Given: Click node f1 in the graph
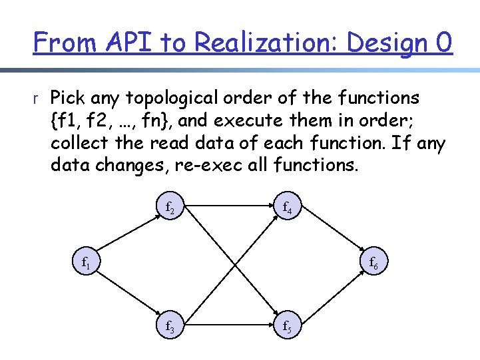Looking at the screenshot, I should pos(86,264).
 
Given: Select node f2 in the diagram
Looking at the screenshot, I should pos(170,208).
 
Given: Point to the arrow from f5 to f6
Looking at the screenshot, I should pos(333,293).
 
